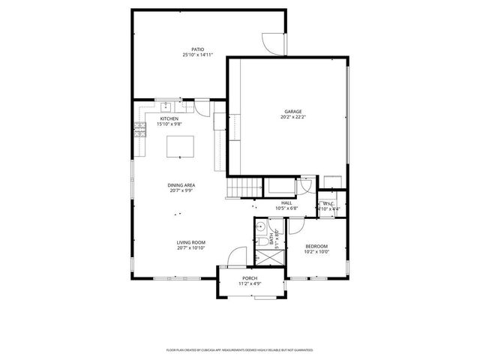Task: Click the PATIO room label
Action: [198, 49]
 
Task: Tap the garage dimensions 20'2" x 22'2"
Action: [293, 117]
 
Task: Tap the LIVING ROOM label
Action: [190, 242]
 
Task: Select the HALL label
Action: [287, 202]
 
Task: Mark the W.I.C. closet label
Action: [328, 203]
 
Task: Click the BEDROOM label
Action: [316, 246]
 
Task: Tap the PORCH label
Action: [250, 278]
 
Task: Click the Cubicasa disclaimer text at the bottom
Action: [239, 349]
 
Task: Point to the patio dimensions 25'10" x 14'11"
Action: [198, 55]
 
